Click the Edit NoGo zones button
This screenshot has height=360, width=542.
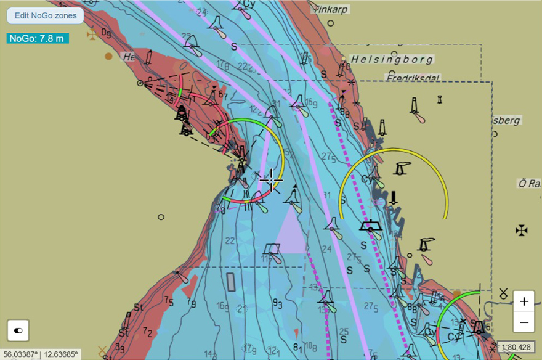pyautogui.click(x=46, y=15)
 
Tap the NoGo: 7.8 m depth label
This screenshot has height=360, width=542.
pyautogui.click(x=37, y=38)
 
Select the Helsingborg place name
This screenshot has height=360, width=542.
pyautogui.click(x=391, y=60)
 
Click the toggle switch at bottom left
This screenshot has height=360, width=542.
pyautogui.click(x=18, y=330)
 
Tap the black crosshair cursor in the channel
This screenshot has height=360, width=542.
pyautogui.click(x=271, y=179)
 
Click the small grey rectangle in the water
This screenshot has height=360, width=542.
pyautogui.click(x=231, y=282)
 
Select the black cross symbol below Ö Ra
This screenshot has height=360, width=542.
pyautogui.click(x=522, y=231)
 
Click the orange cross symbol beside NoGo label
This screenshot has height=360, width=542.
pyautogui.click(x=92, y=35)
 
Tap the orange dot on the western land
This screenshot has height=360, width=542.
pyautogui.click(x=109, y=56)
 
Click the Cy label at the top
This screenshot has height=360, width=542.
pyautogui.click(x=249, y=4)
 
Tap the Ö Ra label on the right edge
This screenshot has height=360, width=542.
pyautogui.click(x=529, y=183)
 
